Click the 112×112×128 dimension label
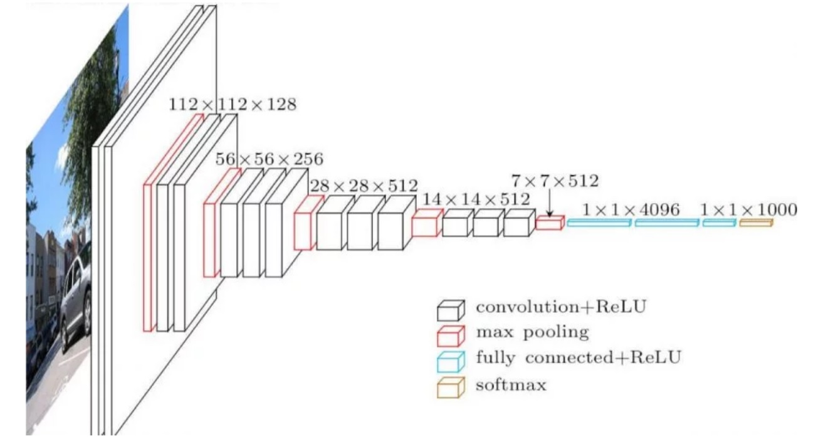[232, 104]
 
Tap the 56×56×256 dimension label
[270, 159]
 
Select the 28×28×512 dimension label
[363, 186]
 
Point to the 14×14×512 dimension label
[476, 199]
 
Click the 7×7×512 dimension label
[554, 181]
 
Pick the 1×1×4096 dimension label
[631, 210]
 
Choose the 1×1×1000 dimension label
[749, 210]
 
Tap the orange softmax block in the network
[755, 223]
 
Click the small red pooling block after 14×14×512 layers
[550, 223]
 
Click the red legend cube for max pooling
[451, 335]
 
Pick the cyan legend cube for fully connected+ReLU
[451, 361]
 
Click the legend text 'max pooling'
[532, 332]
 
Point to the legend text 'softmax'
[511, 384]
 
